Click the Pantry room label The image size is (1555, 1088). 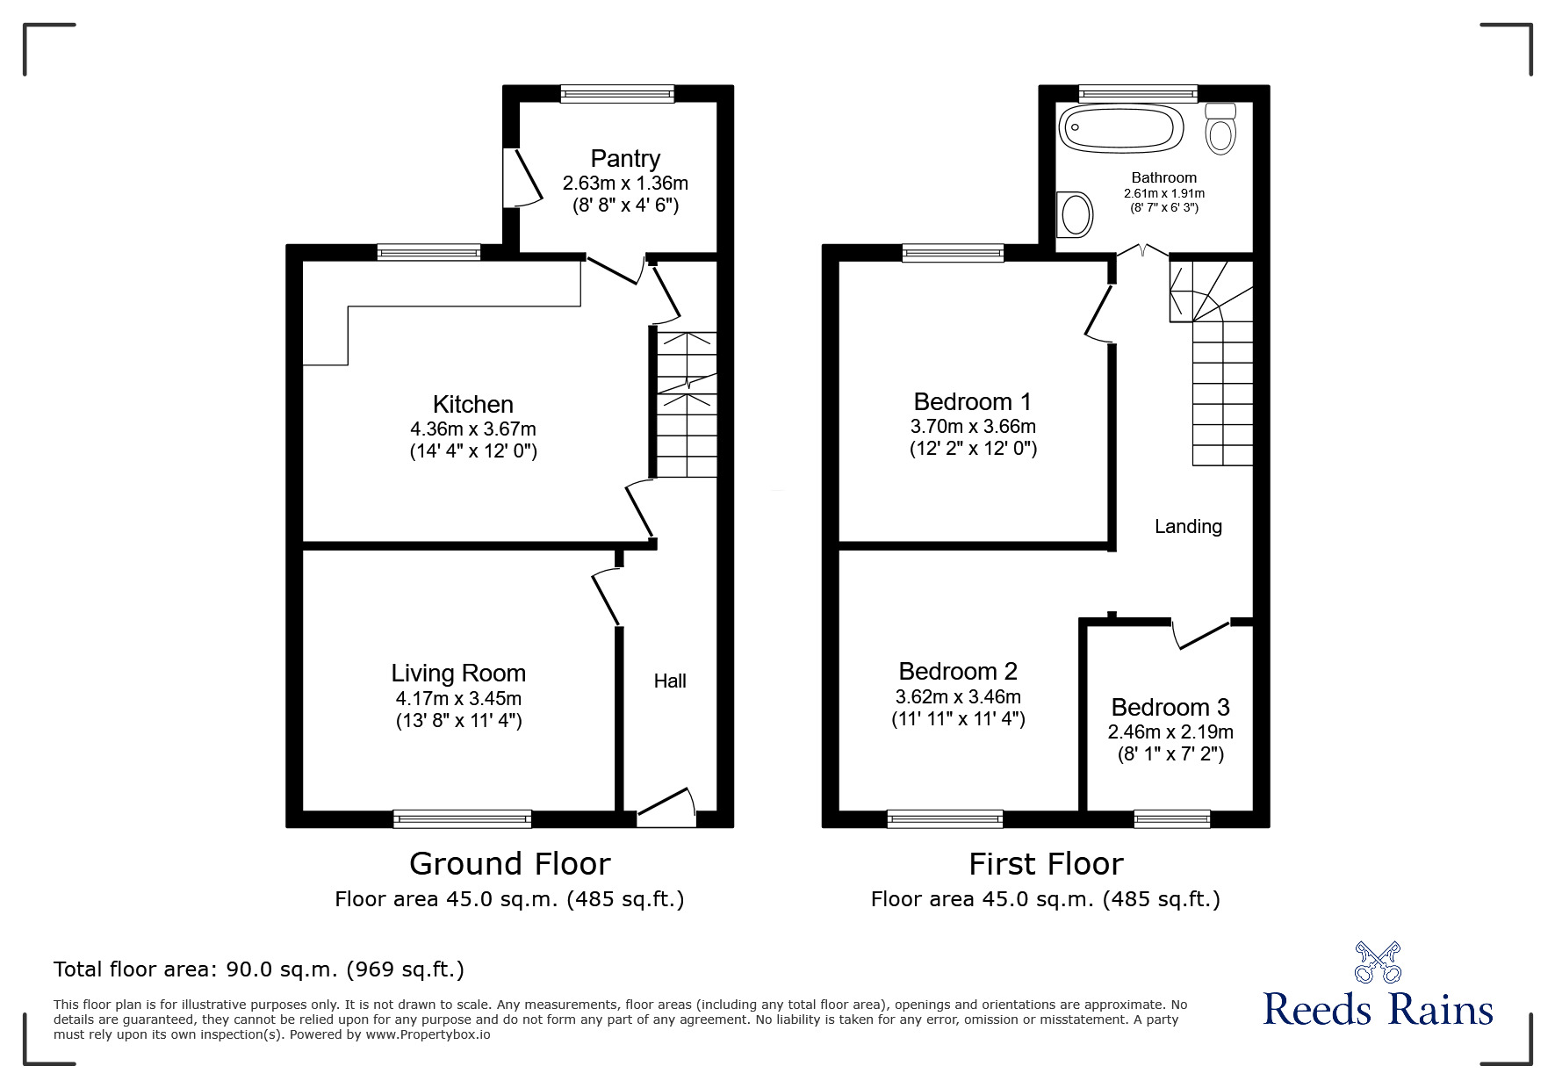click(624, 159)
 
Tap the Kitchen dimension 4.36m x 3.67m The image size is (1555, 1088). click(472, 429)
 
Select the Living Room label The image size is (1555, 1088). click(458, 674)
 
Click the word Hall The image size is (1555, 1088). click(670, 681)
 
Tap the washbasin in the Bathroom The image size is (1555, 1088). click(1075, 214)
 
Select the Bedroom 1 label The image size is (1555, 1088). click(973, 402)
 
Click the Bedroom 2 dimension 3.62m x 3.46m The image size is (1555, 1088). click(958, 697)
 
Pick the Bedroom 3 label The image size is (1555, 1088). click(1170, 707)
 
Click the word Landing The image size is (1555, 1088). click(1188, 526)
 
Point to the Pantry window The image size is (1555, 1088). click(617, 94)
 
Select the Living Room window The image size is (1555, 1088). click(462, 818)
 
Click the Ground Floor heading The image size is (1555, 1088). click(509, 864)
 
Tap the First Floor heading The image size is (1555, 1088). click(1046, 864)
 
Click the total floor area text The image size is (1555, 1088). click(259, 969)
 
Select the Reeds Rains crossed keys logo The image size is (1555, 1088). click(1378, 962)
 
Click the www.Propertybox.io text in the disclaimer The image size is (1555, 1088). click(428, 1034)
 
